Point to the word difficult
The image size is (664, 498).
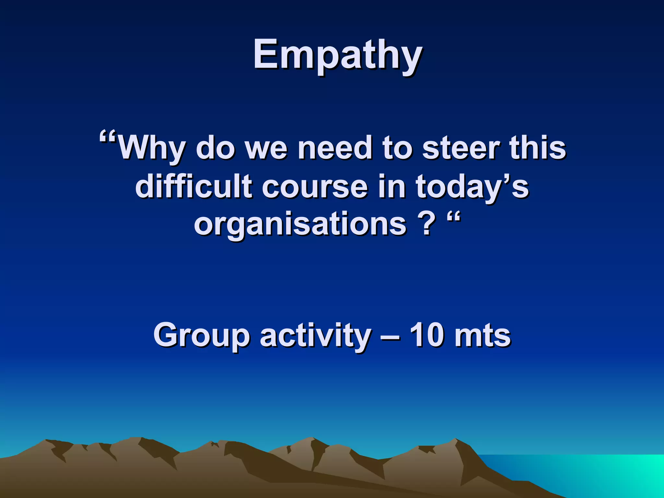click(x=194, y=186)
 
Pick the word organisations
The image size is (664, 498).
click(x=300, y=224)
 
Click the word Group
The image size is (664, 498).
click(x=201, y=336)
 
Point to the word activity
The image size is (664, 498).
click(x=315, y=336)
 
